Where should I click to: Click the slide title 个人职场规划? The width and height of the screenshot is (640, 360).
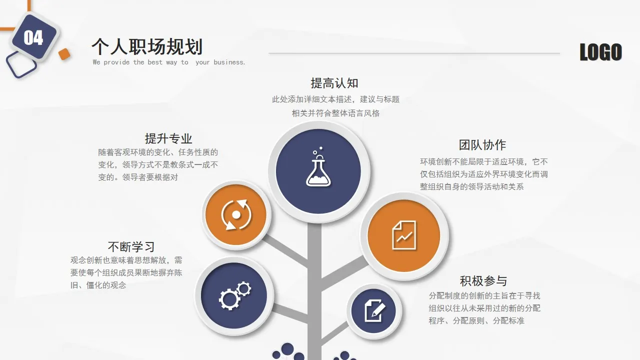pyautogui.click(x=146, y=47)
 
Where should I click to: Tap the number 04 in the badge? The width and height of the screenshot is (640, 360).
pyautogui.click(x=33, y=38)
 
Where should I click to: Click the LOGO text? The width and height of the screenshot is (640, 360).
pyautogui.click(x=600, y=52)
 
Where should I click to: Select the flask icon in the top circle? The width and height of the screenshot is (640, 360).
pyautogui.click(x=318, y=168)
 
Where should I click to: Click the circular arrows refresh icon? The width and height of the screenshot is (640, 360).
pyautogui.click(x=236, y=214)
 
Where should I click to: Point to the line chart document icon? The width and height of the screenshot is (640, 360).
pyautogui.click(x=404, y=235)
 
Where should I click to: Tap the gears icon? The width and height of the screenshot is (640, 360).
pyautogui.click(x=234, y=295)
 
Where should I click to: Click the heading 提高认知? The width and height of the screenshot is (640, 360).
pyautogui.click(x=334, y=83)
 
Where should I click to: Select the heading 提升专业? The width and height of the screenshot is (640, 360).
pyautogui.click(x=168, y=138)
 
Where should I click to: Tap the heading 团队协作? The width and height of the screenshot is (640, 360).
pyautogui.click(x=482, y=145)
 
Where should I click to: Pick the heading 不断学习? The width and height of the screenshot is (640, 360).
pyautogui.click(x=131, y=247)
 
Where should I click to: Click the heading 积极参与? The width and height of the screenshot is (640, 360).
pyautogui.click(x=483, y=281)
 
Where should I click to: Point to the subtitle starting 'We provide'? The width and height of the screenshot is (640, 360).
pyautogui.click(x=168, y=62)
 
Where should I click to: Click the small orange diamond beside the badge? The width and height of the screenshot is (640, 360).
pyautogui.click(x=64, y=54)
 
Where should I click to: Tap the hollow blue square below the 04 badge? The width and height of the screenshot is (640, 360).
pyautogui.click(x=21, y=65)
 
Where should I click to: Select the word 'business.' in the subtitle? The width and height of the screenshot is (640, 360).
pyautogui.click(x=229, y=62)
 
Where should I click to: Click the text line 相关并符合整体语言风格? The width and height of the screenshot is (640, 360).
pyautogui.click(x=335, y=113)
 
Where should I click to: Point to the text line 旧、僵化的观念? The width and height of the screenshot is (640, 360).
pyautogui.click(x=98, y=285)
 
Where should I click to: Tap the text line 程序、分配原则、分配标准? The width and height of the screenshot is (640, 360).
pyautogui.click(x=476, y=321)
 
